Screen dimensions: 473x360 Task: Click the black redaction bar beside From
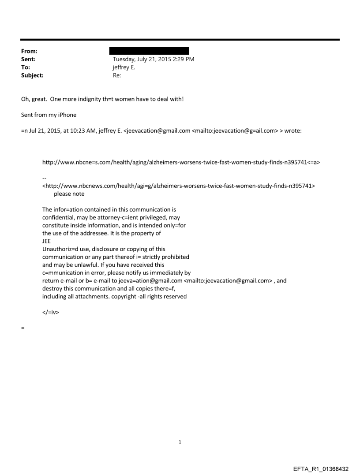tap(151, 51)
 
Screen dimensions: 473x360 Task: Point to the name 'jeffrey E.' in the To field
tap(126, 67)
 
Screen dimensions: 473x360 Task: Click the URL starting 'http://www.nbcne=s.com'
tap(181, 162)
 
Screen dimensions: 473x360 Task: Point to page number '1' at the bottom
tap(180, 442)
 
